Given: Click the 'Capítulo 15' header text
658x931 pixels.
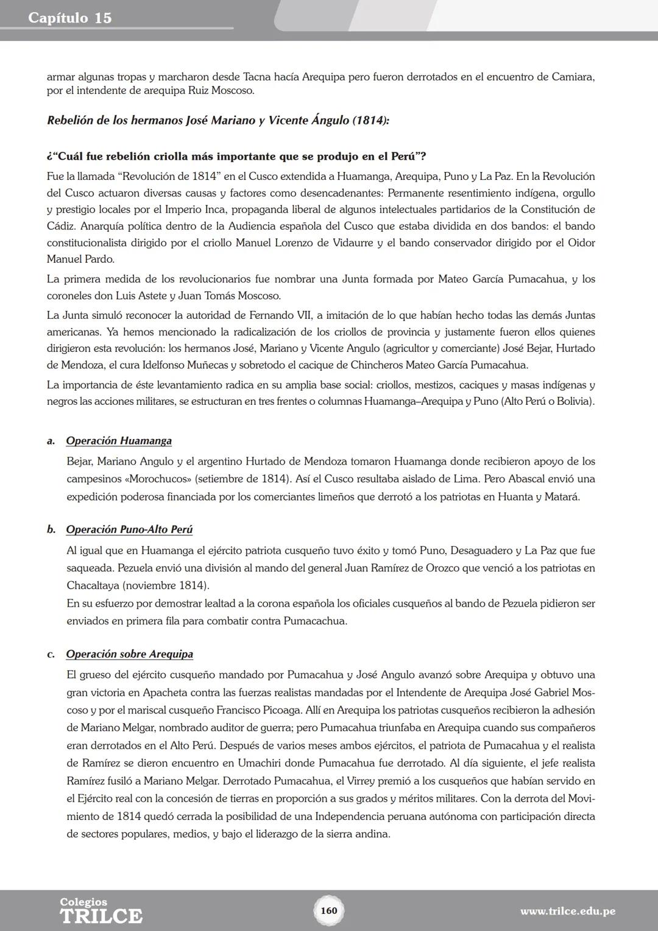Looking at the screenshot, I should [70, 18].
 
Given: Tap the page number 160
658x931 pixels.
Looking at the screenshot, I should [328, 910].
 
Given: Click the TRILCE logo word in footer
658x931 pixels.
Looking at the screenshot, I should [101, 916].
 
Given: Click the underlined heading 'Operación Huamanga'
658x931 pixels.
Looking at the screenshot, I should [119, 441].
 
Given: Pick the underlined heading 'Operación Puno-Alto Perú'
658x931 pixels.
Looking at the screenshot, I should [129, 529].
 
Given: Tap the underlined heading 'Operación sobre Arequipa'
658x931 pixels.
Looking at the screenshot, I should [129, 654].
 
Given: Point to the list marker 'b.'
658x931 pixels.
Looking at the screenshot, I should [52, 529].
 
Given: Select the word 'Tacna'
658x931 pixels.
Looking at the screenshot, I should [260, 77].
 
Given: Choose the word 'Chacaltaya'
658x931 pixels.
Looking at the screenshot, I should [93, 586].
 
